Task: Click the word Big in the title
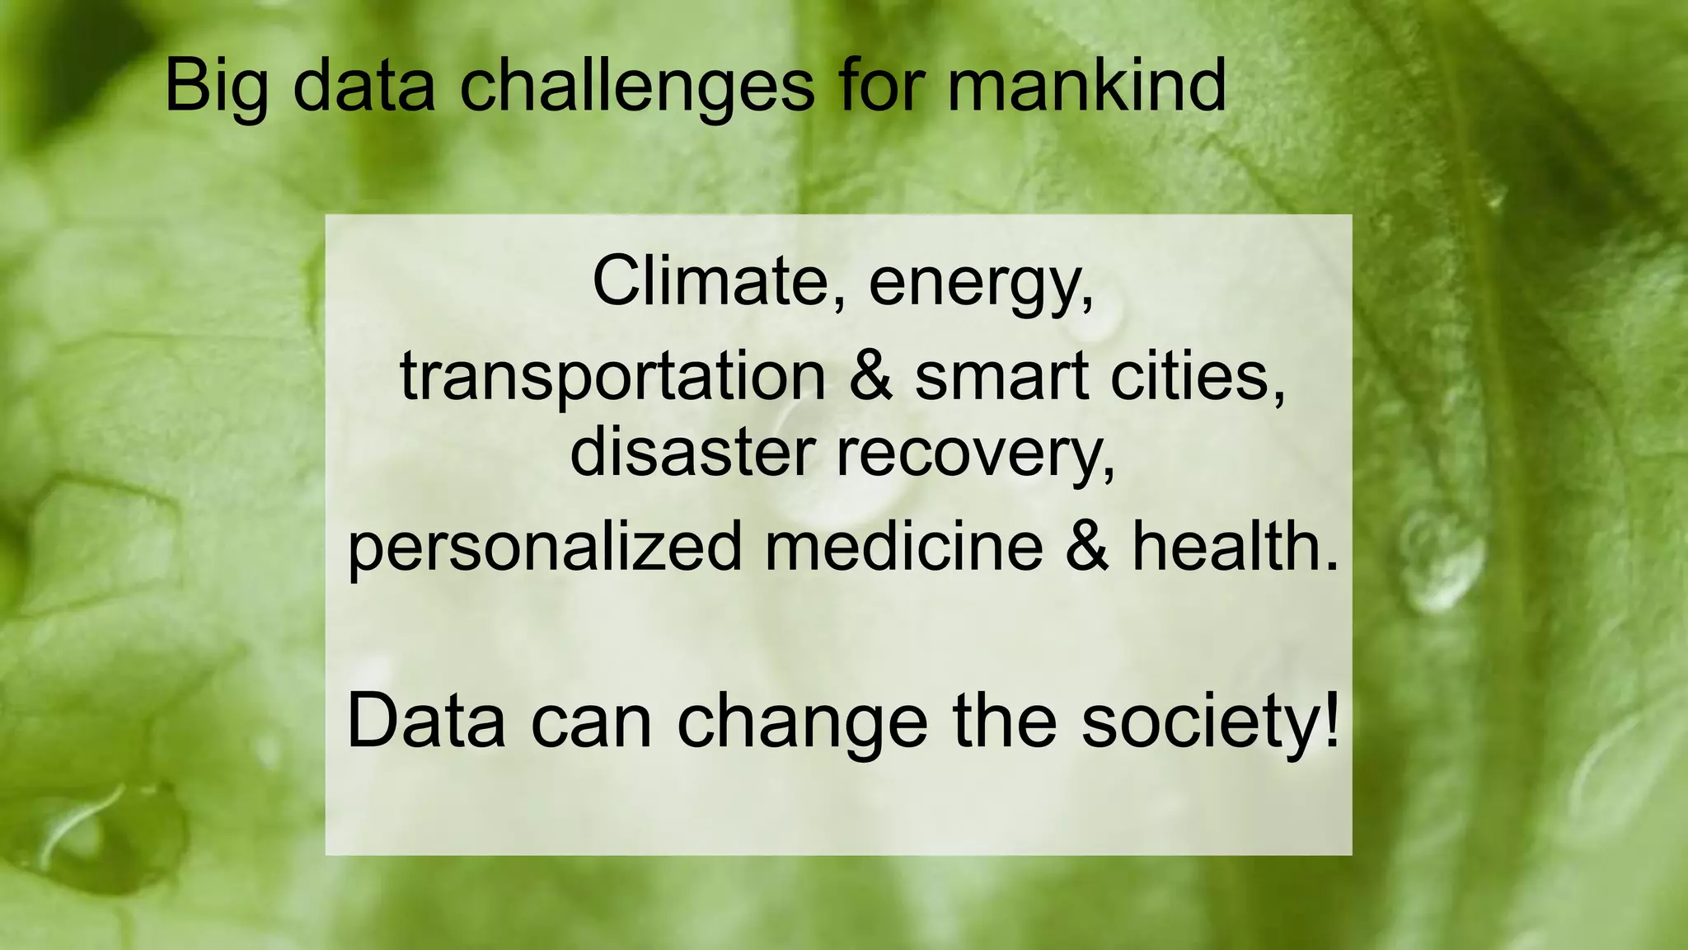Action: (x=216, y=87)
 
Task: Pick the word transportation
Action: (x=612, y=376)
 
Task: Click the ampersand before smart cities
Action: (x=870, y=376)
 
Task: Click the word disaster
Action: (x=692, y=453)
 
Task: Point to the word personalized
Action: (x=545, y=547)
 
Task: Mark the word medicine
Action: (x=903, y=545)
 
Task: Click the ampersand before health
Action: (x=1087, y=545)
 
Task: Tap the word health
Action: (x=1233, y=545)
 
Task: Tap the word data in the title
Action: (x=363, y=87)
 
